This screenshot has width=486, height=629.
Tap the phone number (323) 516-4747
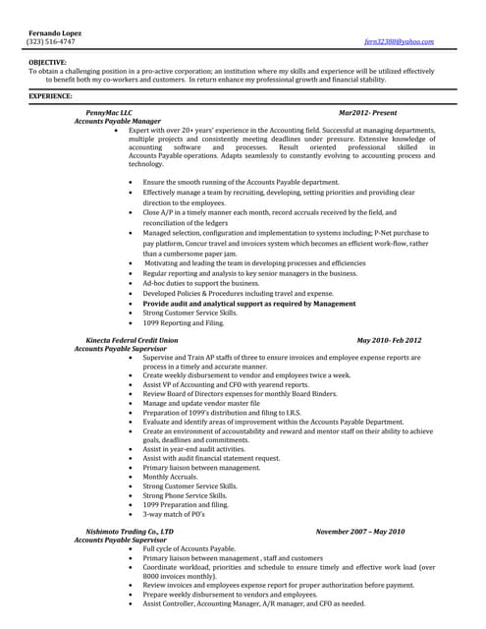(x=50, y=43)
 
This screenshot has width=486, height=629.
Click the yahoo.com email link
(x=399, y=43)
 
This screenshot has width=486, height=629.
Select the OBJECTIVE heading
(x=48, y=63)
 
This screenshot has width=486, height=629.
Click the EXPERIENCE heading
(x=50, y=96)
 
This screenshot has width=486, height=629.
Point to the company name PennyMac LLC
(x=109, y=114)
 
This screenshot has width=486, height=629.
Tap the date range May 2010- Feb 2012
(x=389, y=339)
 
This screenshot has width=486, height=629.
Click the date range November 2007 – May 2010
(x=360, y=531)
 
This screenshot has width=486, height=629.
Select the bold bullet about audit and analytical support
(x=248, y=304)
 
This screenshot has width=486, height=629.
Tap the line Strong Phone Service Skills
(x=185, y=495)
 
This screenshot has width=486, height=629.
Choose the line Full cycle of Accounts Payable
(x=189, y=547)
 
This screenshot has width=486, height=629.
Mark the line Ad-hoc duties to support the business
(x=200, y=283)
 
